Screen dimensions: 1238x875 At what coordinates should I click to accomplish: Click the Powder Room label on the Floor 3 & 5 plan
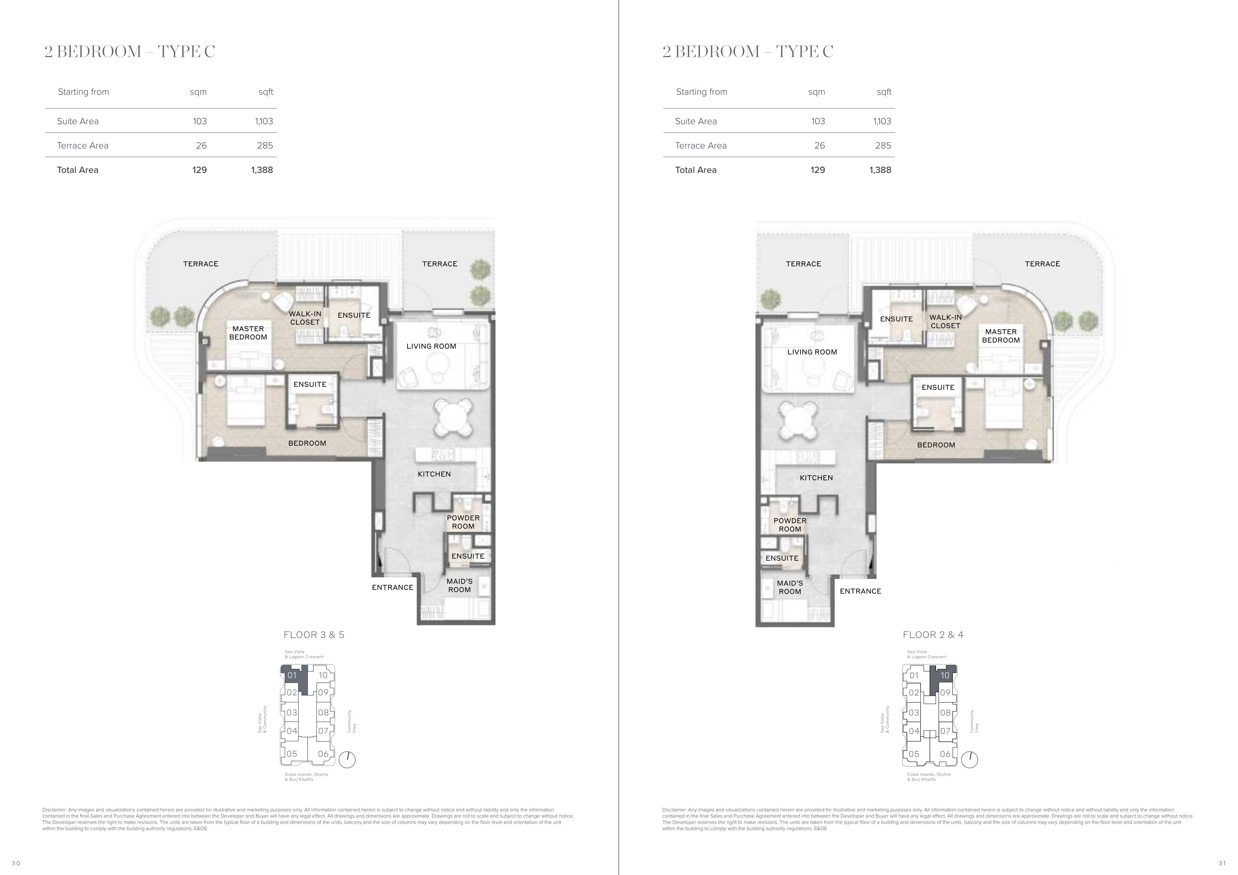(463, 522)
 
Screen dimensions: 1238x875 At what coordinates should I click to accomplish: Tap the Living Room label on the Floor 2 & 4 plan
(812, 352)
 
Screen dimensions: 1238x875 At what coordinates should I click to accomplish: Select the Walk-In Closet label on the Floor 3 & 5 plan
(305, 318)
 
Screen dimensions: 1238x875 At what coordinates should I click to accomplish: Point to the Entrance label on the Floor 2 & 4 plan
(860, 591)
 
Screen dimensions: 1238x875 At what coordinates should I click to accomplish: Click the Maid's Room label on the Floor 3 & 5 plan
(460, 585)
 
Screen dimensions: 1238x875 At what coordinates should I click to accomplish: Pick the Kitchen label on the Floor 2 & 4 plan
(816, 478)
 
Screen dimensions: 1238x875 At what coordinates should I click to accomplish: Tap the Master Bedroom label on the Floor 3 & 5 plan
(248, 333)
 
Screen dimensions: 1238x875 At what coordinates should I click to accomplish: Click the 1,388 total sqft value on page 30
(262, 170)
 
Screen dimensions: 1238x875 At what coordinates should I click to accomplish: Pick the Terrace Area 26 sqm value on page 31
(820, 146)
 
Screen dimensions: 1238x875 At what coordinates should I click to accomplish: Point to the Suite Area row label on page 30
(77, 121)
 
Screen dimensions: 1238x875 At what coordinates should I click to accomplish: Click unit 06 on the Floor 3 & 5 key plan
(323, 754)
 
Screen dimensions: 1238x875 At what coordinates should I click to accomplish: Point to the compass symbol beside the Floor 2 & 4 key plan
(969, 760)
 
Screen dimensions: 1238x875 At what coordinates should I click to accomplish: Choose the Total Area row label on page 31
(696, 170)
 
